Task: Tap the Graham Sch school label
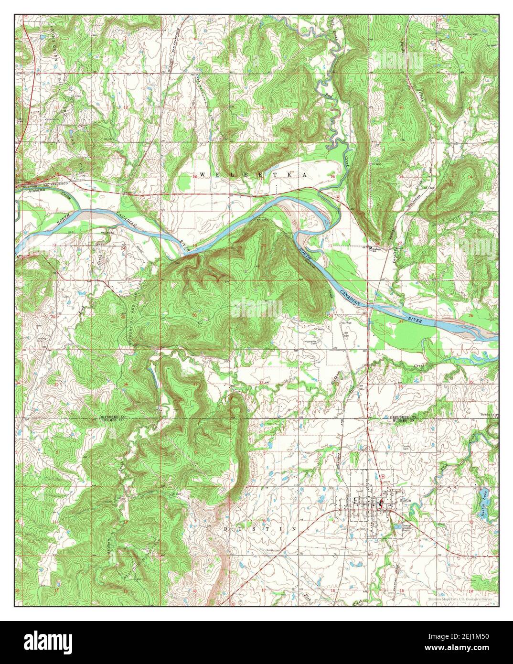click(379, 249)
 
